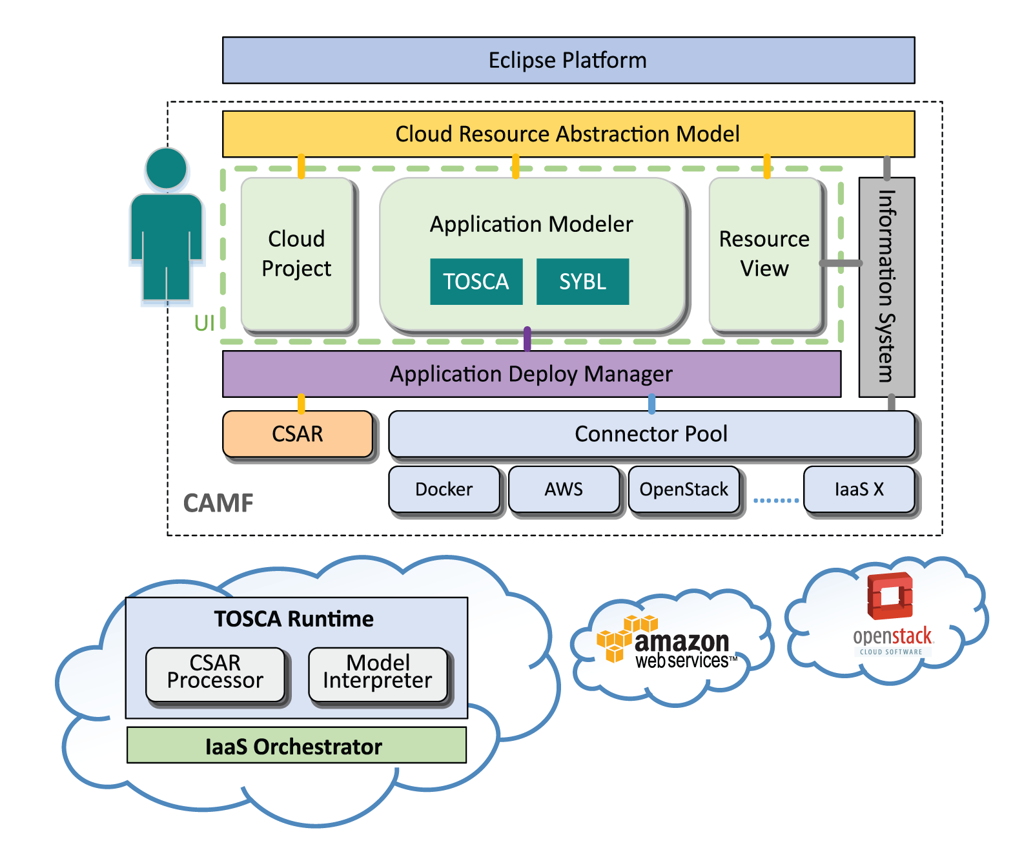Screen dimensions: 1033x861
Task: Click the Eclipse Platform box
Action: (x=568, y=60)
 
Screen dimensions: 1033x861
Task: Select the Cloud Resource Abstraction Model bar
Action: (x=568, y=134)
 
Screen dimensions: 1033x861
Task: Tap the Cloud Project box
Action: (x=297, y=253)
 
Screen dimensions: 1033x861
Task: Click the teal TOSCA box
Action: (x=476, y=282)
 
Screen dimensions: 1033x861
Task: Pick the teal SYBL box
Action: (x=583, y=282)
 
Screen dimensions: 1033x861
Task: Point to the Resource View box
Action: (x=765, y=253)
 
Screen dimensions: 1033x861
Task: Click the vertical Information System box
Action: (x=886, y=287)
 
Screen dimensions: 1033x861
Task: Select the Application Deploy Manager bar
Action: (x=531, y=374)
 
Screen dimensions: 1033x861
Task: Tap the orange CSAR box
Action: (x=298, y=434)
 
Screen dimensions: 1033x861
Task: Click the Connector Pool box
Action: (x=651, y=434)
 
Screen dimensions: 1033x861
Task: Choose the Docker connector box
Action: (x=444, y=490)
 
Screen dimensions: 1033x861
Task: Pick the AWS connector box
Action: (x=564, y=490)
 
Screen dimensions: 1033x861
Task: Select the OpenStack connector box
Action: (x=684, y=490)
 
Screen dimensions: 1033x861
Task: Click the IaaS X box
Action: (x=859, y=490)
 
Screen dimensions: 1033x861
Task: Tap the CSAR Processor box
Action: (x=215, y=674)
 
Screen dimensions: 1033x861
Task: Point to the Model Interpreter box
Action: (x=378, y=674)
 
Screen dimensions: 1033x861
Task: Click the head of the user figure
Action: (x=167, y=168)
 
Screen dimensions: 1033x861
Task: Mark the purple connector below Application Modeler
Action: (x=527, y=339)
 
